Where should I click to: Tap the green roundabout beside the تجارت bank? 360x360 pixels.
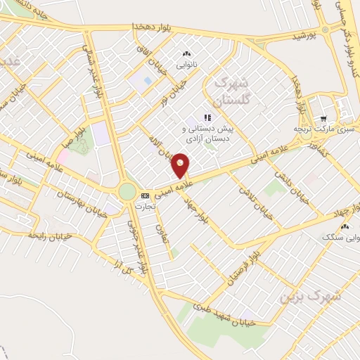pos(127,191)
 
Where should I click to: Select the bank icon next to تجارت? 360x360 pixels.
pos(145,195)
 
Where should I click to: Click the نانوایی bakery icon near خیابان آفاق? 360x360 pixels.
pos(186,54)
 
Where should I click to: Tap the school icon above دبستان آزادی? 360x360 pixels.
pos(207,118)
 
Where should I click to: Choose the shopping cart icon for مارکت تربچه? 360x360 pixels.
pos(323,119)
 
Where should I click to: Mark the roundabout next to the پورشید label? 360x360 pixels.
pos(326,30)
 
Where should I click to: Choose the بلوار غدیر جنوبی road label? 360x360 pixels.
pos(138,246)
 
